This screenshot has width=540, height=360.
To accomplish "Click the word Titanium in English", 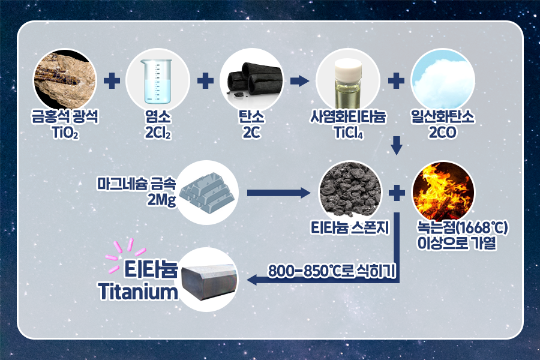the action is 139,292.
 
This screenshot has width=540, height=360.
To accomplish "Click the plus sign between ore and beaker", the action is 112,80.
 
